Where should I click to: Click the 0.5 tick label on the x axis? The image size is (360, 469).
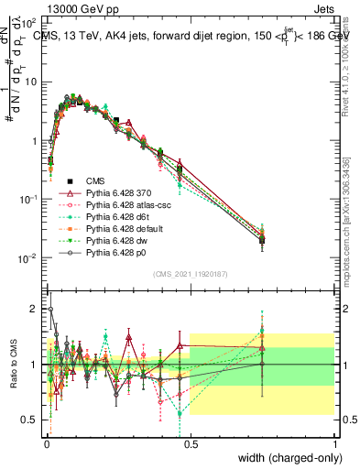pyautogui.click(x=190, y=443)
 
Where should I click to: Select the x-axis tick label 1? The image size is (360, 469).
pyautogui.click(x=335, y=443)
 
